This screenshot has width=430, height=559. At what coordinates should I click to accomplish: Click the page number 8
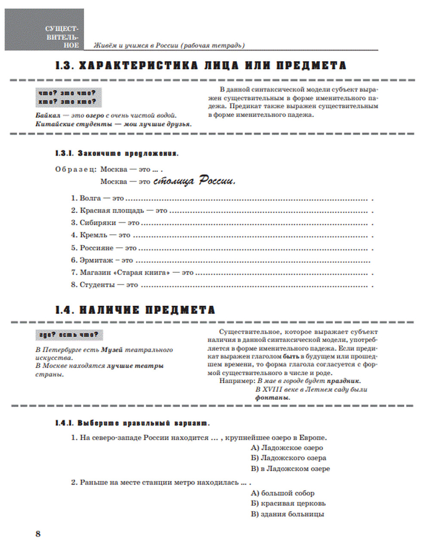pos(38,534)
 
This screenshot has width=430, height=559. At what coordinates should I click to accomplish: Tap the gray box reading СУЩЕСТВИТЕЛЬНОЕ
pos(44,30)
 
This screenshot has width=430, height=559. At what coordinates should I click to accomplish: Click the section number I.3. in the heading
pos(65,66)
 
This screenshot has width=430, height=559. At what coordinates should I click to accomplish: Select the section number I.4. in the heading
pos(65,310)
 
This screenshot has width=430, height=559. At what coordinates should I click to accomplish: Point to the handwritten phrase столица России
pos(194,181)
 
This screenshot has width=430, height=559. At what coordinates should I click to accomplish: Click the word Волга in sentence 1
pos(90,198)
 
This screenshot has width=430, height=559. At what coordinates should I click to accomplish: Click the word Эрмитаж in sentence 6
pos(97,260)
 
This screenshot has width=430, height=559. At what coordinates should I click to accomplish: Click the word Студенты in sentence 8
pos(97,285)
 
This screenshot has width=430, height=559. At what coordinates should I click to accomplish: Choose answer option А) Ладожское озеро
pos(287,448)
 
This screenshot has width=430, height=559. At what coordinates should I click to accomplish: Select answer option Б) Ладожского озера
pos(289,458)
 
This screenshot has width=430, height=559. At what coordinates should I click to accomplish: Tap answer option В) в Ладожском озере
pos(290,469)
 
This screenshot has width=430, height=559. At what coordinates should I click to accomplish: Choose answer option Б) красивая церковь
pos(288,503)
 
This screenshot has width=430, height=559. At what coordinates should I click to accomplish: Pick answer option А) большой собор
pos(283,493)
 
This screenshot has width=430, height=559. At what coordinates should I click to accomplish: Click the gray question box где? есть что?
pos(69,335)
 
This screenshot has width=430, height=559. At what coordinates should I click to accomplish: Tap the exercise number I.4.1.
pos(65,423)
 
